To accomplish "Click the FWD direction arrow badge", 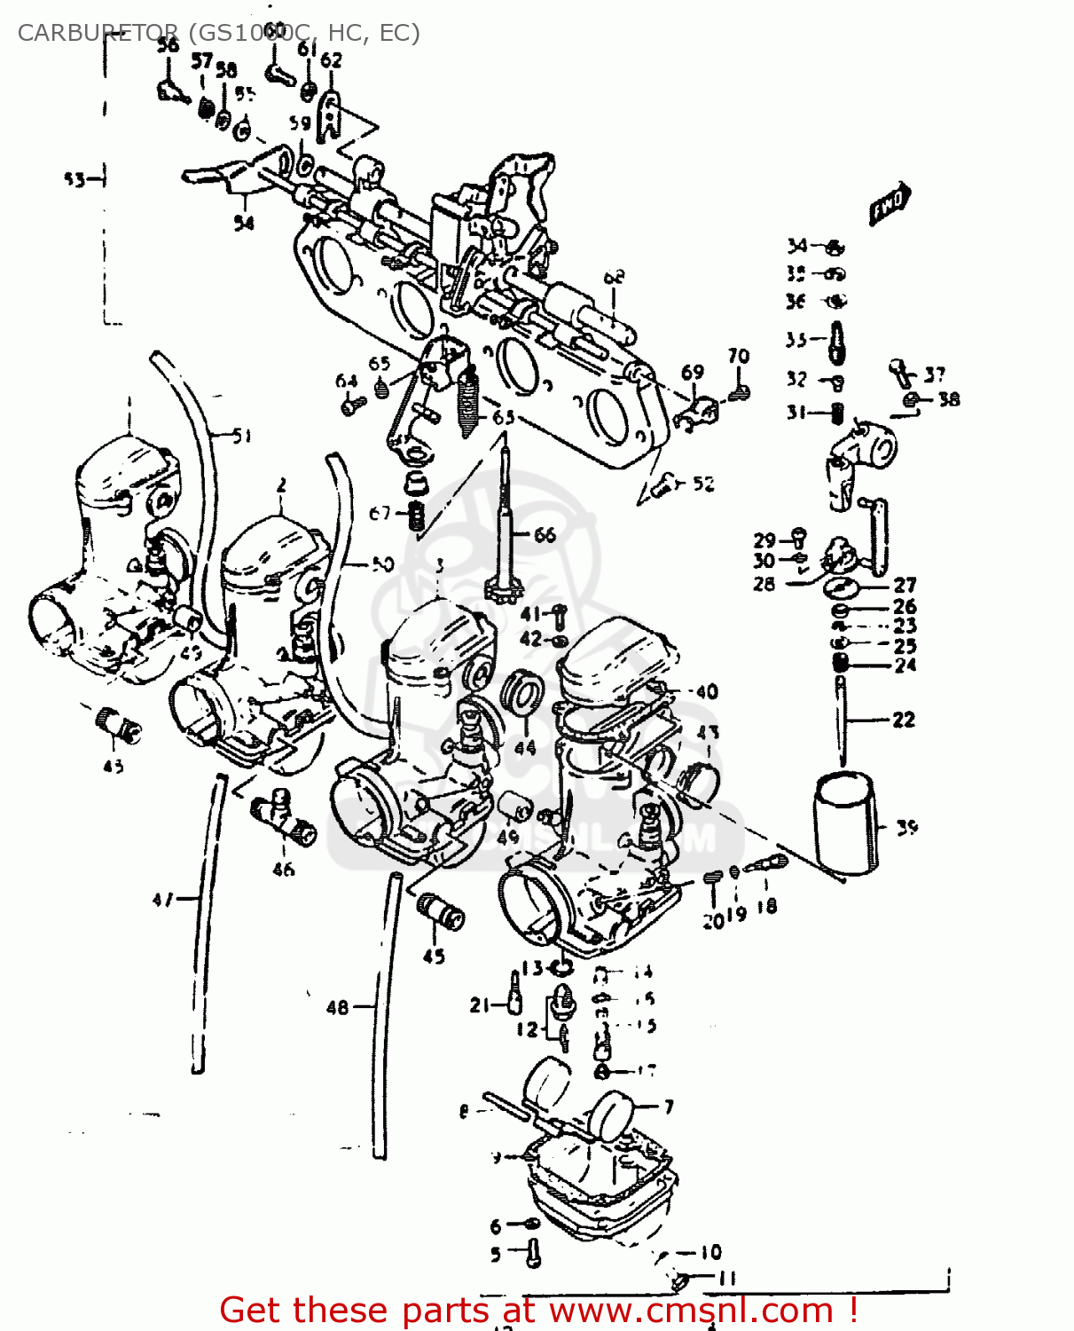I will pyautogui.click(x=890, y=206).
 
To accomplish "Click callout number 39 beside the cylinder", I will pyautogui.click(x=906, y=828).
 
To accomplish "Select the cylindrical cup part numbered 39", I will pyautogui.click(x=845, y=821).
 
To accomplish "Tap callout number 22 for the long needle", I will pyautogui.click(x=903, y=720).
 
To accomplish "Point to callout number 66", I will pyautogui.click(x=545, y=534).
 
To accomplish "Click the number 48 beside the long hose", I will pyautogui.click(x=337, y=1007).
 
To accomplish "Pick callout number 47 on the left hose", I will pyautogui.click(x=161, y=900).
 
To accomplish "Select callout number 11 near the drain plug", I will pyautogui.click(x=727, y=1279).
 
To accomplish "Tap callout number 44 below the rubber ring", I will pyautogui.click(x=525, y=748).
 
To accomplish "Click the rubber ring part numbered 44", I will pyautogui.click(x=521, y=692).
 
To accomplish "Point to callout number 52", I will pyautogui.click(x=703, y=484).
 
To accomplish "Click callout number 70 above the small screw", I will pyautogui.click(x=739, y=357).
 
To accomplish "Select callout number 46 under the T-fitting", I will pyautogui.click(x=283, y=870).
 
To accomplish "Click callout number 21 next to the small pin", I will pyautogui.click(x=480, y=1005).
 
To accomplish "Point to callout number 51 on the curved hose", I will pyautogui.click(x=241, y=436).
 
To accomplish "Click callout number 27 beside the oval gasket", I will pyautogui.click(x=905, y=585).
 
